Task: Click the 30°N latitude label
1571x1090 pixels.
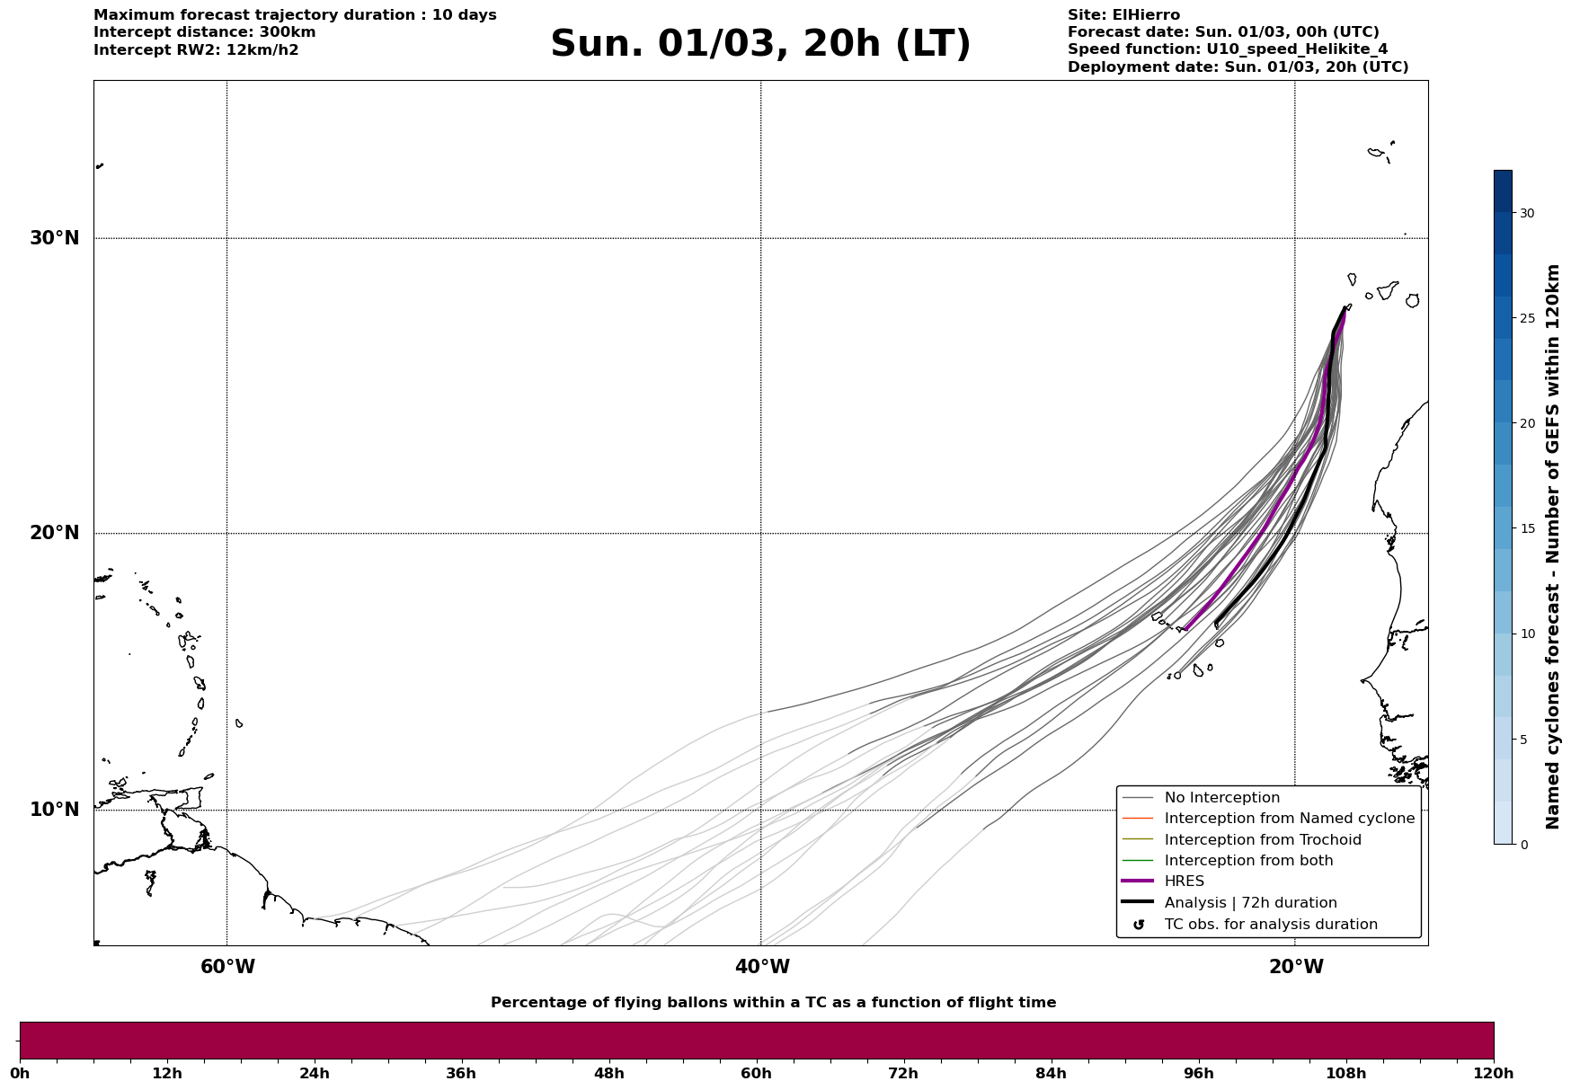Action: pos(54,238)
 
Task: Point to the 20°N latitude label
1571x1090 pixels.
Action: pos(54,533)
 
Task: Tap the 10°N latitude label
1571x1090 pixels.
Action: pos(54,810)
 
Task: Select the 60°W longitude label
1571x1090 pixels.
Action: pos(227,967)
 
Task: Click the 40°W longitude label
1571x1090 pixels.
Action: pos(762,967)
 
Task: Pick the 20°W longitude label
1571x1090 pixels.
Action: pos(1296,967)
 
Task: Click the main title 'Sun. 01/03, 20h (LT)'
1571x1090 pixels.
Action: pos(760,44)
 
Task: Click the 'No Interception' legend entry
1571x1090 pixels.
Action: pos(1221,798)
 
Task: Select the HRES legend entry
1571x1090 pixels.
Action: pos(1184,882)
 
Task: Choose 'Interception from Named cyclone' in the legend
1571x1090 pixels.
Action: pos(1289,819)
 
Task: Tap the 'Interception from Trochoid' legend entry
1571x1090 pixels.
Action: pos(1262,840)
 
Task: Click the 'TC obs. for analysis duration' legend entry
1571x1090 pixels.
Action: pos(1270,925)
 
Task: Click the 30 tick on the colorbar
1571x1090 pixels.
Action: pos(1527,213)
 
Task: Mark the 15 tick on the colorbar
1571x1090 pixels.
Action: pos(1527,528)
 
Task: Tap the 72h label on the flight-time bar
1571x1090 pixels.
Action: pos(903,1074)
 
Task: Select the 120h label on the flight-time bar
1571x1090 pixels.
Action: pos(1494,1074)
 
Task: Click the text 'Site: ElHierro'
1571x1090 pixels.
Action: pos(1123,15)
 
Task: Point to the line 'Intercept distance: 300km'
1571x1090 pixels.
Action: pos(204,32)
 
